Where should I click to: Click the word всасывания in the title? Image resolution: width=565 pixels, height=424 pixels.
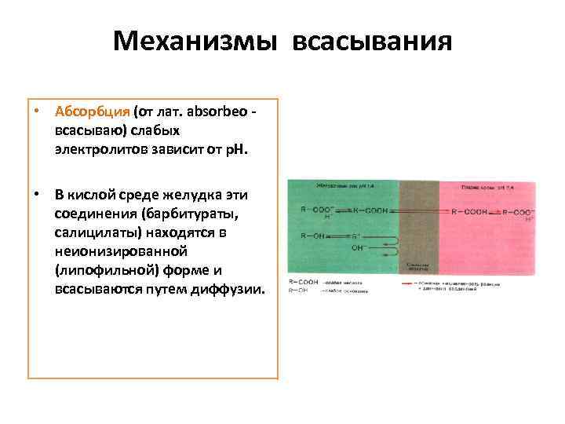coord(372,41)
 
